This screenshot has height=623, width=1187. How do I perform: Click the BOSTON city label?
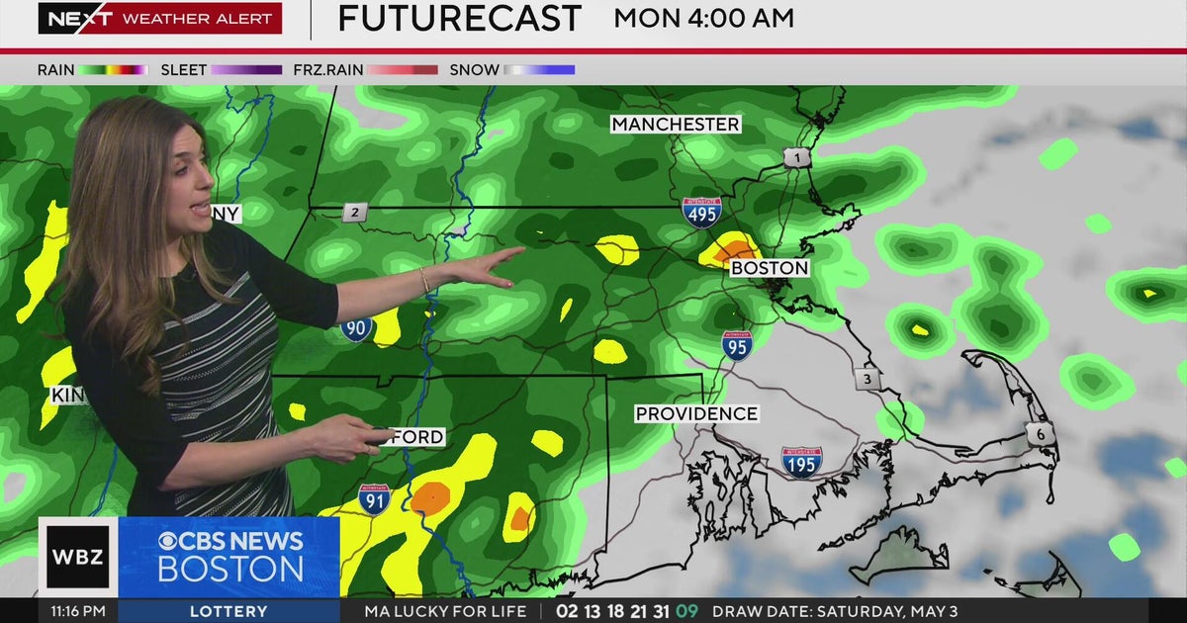[x=770, y=268]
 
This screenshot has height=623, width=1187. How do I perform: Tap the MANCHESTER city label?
[x=676, y=124]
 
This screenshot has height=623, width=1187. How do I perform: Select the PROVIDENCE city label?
[x=696, y=413]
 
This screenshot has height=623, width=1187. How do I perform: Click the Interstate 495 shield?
[x=701, y=212]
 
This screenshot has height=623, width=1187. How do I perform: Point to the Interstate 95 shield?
[x=736, y=345]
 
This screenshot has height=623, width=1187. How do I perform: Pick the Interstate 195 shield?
[x=801, y=462]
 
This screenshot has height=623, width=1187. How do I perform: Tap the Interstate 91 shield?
[x=374, y=500]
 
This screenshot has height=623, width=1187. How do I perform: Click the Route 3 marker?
[x=867, y=379]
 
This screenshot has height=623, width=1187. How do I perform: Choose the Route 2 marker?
[x=355, y=212]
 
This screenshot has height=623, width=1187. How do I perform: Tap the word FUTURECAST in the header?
[x=460, y=19]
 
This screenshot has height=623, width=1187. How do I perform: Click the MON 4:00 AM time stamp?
[x=703, y=18]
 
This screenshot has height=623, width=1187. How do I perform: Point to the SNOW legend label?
[x=474, y=70]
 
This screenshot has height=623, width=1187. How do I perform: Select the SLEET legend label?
[x=184, y=70]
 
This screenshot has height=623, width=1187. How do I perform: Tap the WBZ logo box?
[x=78, y=556]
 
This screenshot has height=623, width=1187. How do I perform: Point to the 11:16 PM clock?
[x=78, y=611]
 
